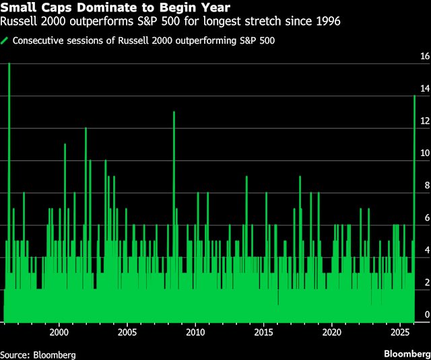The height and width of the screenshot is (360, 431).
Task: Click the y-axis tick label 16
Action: (x=425, y=57)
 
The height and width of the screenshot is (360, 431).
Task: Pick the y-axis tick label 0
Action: (x=425, y=315)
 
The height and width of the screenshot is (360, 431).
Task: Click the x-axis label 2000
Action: (x=59, y=332)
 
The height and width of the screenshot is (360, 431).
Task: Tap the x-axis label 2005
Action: (x=127, y=332)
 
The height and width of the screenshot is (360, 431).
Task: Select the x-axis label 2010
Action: (x=195, y=332)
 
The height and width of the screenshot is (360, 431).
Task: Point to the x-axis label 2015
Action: (x=263, y=332)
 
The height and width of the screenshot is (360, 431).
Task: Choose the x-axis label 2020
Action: (x=331, y=332)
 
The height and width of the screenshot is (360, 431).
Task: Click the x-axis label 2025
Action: (x=399, y=332)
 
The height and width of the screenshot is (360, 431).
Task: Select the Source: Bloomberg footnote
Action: (x=38, y=354)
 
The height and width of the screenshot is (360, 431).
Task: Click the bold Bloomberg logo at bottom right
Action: (x=406, y=353)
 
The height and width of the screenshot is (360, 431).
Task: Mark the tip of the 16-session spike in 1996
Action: (x=9, y=64)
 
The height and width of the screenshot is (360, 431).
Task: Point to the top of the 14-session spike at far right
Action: (x=414, y=96)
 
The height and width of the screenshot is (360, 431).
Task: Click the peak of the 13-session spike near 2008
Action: (x=174, y=112)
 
